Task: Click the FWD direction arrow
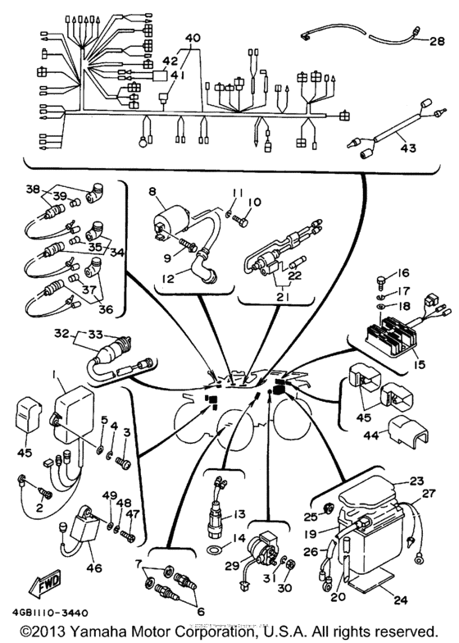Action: pos(27,586)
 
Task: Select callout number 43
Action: pos(407,148)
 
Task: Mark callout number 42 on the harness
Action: pos(170,62)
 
